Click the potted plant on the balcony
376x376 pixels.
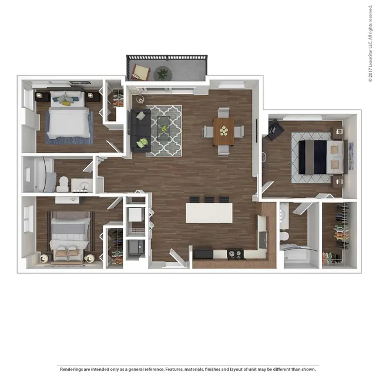163,73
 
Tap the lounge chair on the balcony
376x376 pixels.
140,72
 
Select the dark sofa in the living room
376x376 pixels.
141,130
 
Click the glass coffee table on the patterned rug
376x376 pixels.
163,128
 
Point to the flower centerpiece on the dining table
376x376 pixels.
224,131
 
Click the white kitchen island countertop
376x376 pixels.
209,213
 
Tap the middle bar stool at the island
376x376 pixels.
209,200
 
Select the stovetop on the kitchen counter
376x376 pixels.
235,254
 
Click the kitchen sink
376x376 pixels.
263,240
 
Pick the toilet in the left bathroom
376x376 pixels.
63,183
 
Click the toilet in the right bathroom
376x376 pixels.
284,236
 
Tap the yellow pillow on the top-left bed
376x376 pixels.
66,103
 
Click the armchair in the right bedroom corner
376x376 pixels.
276,130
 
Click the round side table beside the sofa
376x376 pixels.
140,99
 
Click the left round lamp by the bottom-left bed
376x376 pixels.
44,258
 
